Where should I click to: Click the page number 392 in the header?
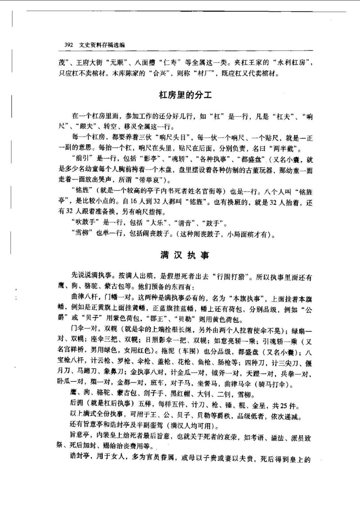68,45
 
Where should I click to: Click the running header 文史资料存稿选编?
102,45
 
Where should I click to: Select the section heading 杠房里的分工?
185,95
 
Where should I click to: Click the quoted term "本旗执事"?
247,298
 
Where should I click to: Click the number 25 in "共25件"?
283,406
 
